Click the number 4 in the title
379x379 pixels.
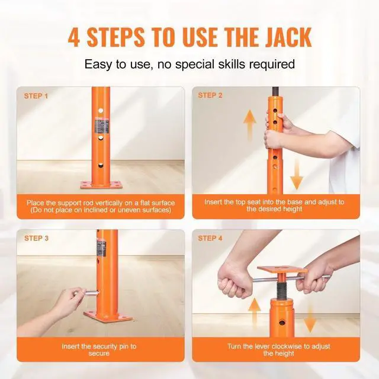coord(75,37)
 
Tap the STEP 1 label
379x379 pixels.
coord(36,95)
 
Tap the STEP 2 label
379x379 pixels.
coord(210,95)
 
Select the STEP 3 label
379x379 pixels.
coord(36,238)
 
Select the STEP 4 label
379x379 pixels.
coord(210,238)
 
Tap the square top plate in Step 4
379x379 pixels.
coord(279,274)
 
